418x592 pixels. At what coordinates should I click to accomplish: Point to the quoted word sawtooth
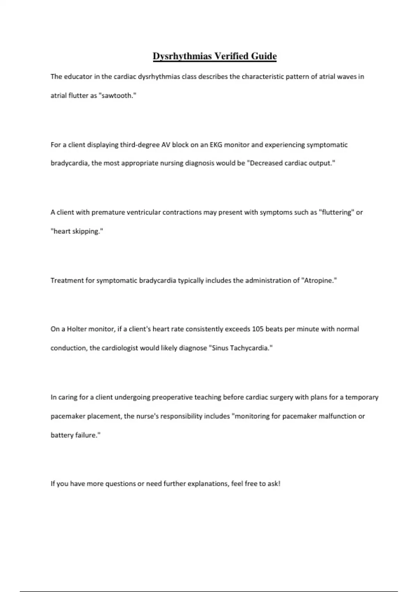pyautogui.click(x=118, y=95)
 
